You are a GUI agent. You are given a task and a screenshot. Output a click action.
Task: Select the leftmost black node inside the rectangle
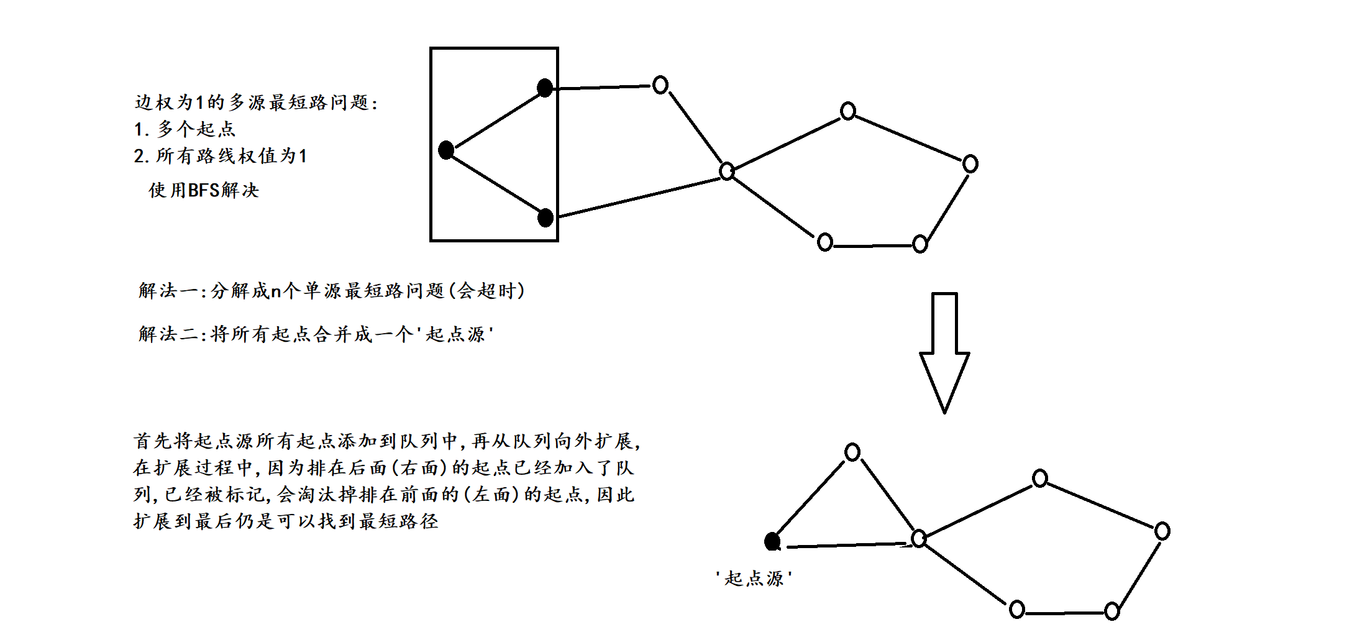(x=446, y=150)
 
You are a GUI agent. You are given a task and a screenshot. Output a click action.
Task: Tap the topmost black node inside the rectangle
(x=545, y=88)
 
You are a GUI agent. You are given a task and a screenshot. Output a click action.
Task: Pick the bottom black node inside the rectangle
(x=545, y=218)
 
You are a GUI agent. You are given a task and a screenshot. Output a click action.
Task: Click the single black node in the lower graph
(x=772, y=542)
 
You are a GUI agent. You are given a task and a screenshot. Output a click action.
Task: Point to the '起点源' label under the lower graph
(x=754, y=579)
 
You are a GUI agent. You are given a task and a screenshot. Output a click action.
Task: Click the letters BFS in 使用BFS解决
(x=203, y=190)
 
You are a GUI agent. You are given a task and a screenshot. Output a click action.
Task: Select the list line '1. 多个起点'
(x=185, y=129)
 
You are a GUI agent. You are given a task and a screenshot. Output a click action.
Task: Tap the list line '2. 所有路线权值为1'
(x=220, y=156)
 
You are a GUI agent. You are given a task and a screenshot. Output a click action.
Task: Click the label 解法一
(x=168, y=290)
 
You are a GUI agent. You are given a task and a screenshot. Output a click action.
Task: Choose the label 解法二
(x=168, y=334)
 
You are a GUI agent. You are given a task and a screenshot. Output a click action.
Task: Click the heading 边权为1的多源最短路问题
(x=255, y=102)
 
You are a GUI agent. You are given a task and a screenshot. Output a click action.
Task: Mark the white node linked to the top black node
(x=660, y=85)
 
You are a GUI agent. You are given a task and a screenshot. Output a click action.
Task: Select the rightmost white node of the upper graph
(x=970, y=164)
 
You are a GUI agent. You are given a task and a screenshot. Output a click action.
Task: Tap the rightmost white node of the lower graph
(x=1162, y=531)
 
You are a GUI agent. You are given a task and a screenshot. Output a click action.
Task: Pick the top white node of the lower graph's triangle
(x=852, y=452)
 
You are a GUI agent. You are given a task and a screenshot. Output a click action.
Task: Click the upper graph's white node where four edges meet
(x=727, y=171)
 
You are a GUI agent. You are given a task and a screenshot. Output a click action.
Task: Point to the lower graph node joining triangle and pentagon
(x=919, y=538)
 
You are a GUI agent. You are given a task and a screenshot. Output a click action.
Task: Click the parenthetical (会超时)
(x=487, y=290)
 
